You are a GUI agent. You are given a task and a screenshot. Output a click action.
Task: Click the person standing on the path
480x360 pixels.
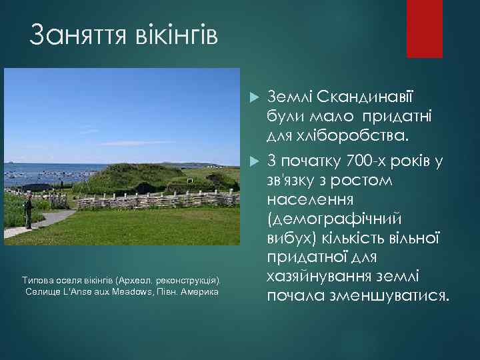point(28,210)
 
